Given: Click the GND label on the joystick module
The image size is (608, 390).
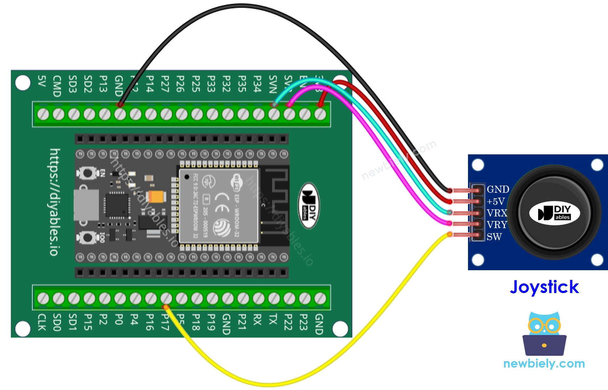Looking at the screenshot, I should [x=498, y=189].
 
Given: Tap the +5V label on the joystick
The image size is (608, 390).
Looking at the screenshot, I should [x=496, y=201].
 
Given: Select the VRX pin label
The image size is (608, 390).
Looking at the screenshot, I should [x=497, y=213].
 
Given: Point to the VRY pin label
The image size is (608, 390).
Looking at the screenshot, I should [x=497, y=225].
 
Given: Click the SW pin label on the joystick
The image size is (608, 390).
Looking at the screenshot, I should [x=494, y=237].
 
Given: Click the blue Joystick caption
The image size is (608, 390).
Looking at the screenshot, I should [x=544, y=287].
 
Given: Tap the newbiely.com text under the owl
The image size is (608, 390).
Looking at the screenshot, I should [x=544, y=364].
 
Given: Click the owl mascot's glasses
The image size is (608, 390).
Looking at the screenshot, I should [x=544, y=325].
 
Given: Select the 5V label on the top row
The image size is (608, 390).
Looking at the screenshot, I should [x=42, y=81].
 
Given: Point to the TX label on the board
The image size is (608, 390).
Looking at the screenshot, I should [x=273, y=319].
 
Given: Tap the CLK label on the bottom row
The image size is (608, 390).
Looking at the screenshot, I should [x=42, y=322].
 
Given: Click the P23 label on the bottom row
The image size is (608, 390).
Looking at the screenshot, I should [x=303, y=322].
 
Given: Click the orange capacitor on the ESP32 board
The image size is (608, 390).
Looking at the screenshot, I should [x=157, y=196].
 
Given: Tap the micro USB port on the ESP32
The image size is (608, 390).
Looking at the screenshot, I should [x=87, y=205].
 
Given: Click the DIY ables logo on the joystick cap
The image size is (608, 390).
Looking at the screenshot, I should [x=555, y=213].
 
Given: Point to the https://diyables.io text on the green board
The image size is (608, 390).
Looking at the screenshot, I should [x=55, y=202].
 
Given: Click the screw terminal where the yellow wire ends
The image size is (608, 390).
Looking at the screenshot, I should [x=166, y=298].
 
